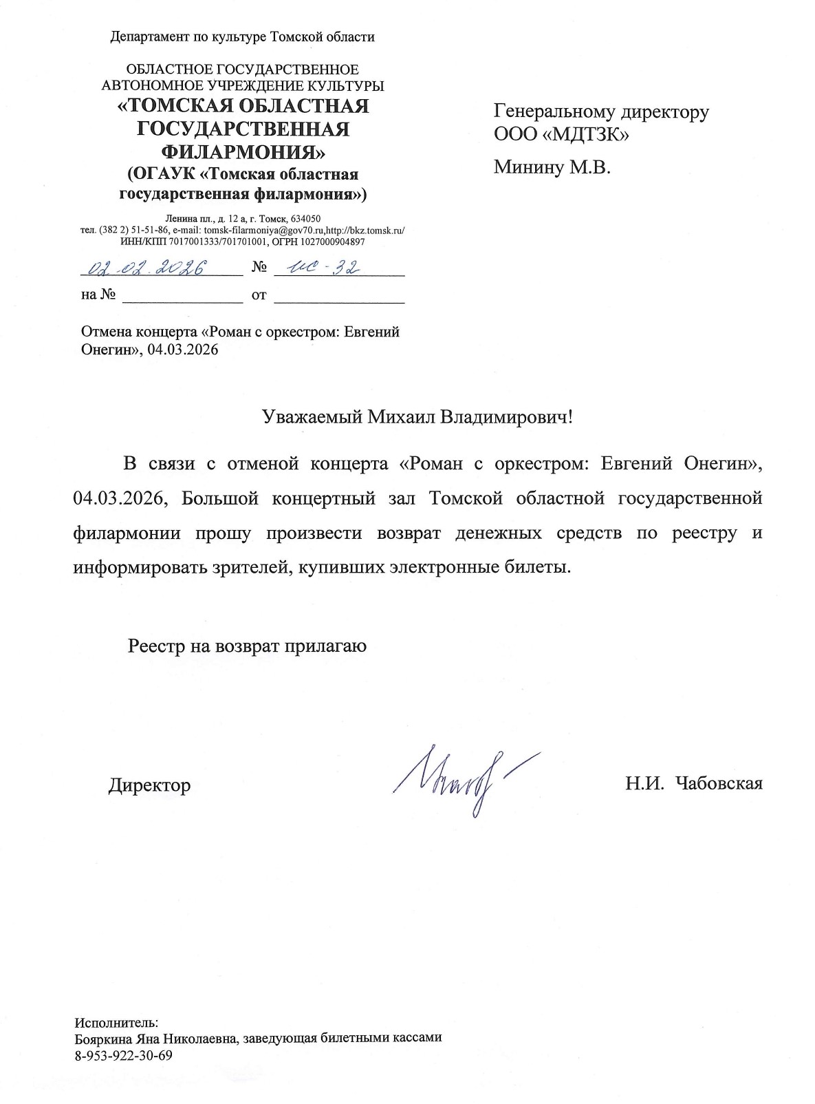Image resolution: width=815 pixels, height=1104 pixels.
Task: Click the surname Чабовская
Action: coord(719,783)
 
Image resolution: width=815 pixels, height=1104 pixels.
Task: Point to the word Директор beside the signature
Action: coord(149,785)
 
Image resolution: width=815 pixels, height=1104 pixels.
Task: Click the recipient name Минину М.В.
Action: coord(552,167)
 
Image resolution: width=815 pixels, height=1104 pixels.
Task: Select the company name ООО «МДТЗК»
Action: coord(561,134)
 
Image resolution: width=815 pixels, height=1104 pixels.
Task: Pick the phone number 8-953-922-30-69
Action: coord(124,1055)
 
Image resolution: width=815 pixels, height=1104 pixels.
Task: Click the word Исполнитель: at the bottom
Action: coord(116,1022)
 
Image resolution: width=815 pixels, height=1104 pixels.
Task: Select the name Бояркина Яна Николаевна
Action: coord(155,1039)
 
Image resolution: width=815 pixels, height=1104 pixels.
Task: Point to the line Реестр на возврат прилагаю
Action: coord(247,646)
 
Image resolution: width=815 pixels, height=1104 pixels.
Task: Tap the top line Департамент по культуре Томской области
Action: coord(242,37)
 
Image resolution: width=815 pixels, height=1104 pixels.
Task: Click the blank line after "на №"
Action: coord(182,296)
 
